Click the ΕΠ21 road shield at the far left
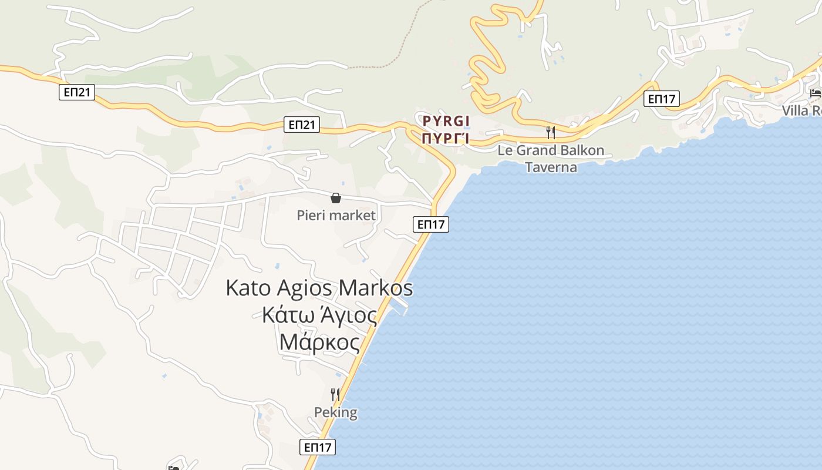click(x=76, y=92)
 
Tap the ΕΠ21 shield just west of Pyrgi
click(x=302, y=124)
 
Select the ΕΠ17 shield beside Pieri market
click(x=431, y=224)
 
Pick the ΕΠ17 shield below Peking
click(x=318, y=446)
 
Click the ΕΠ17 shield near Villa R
click(x=661, y=99)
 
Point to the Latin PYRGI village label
click(x=446, y=122)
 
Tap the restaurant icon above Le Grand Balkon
click(x=551, y=132)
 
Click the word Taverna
click(x=551, y=167)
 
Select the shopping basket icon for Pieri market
click(x=336, y=199)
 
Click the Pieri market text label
click(x=336, y=216)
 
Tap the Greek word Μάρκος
click(x=319, y=342)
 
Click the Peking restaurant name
click(x=336, y=412)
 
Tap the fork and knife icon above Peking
click(x=335, y=394)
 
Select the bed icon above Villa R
click(x=815, y=93)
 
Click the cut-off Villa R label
click(x=801, y=111)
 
